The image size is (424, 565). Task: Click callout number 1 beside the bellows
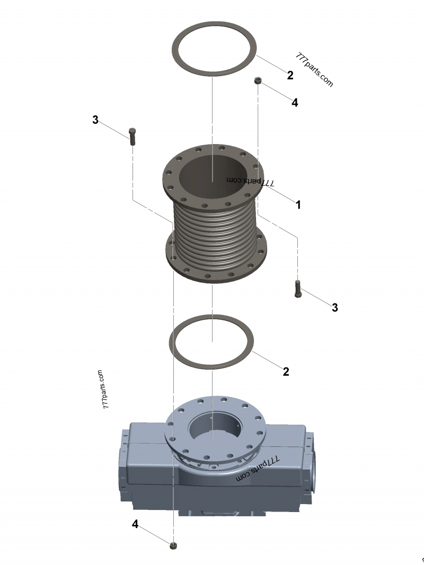coord(298,204)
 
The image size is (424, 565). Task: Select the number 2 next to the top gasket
coord(290,75)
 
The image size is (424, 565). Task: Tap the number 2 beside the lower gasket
coord(286,371)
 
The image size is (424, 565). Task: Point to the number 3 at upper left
coord(95,120)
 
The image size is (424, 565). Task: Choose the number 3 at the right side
coord(334,307)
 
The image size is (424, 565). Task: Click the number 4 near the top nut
coord(295,103)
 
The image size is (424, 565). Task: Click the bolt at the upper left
coord(132,136)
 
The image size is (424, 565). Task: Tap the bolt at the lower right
coord(297,288)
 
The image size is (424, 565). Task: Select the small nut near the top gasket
coord(258,80)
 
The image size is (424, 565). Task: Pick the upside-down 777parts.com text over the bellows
coord(250,181)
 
